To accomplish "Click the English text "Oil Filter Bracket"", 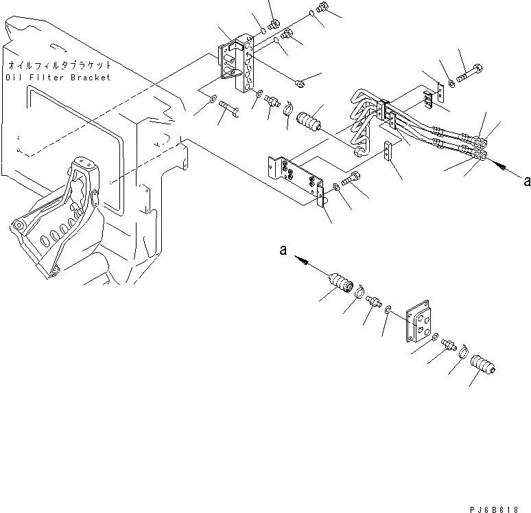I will (x=58, y=78).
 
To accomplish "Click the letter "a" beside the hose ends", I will (x=526, y=181).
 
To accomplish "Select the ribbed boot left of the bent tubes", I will (x=309, y=126).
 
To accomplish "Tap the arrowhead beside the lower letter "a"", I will (x=300, y=260).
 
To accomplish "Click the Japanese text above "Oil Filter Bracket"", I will (x=59, y=66).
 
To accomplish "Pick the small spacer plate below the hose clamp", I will (x=390, y=151).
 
